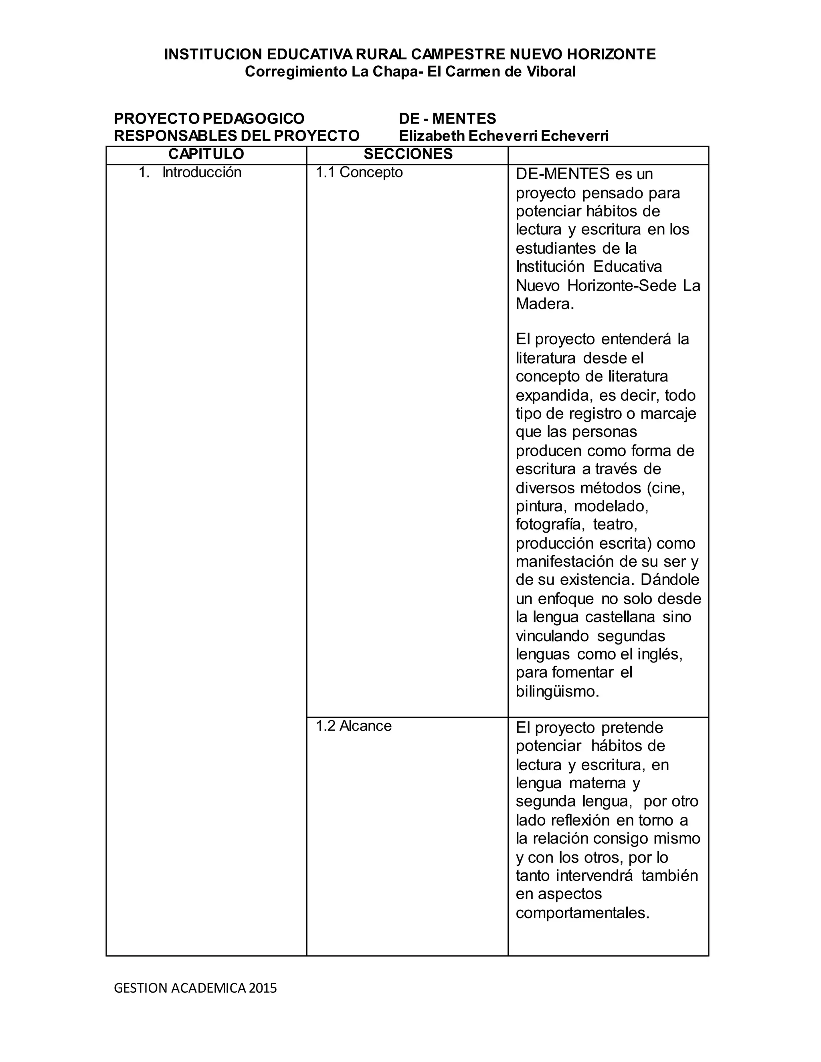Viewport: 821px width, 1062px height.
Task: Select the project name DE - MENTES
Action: click(447, 118)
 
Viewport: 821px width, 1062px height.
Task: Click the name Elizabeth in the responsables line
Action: click(431, 136)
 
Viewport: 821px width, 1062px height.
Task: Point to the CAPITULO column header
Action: click(206, 154)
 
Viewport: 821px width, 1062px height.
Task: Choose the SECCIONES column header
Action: click(408, 154)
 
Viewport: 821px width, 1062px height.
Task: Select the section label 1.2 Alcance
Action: click(354, 726)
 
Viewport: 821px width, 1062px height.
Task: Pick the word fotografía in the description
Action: click(549, 525)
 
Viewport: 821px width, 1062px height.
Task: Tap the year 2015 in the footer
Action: click(263, 988)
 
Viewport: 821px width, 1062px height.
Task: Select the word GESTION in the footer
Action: click(133, 988)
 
